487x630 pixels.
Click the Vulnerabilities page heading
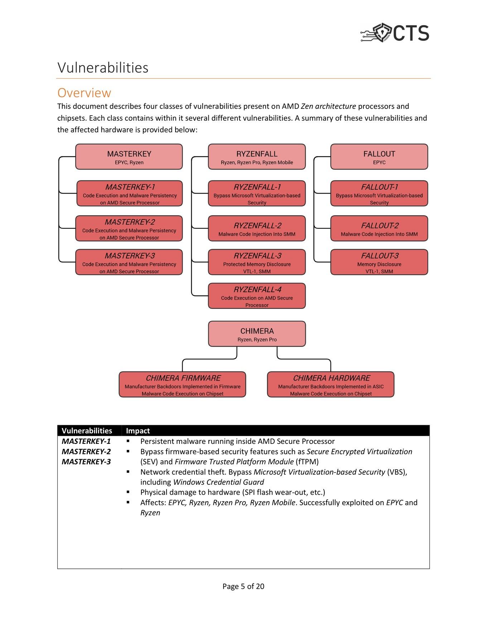(103, 68)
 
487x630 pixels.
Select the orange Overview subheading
(84, 93)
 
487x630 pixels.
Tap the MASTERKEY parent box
(129, 157)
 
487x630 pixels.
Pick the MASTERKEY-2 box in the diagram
(129, 228)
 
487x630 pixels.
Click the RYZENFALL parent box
(257, 157)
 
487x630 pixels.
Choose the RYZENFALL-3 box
(257, 262)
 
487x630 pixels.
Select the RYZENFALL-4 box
(257, 296)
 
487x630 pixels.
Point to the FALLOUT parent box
(379, 157)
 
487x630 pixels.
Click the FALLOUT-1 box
(379, 193)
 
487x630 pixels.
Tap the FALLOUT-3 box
(379, 262)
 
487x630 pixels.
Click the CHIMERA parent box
(257, 334)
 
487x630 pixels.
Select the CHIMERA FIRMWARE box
(182, 384)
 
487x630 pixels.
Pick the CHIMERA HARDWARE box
(331, 384)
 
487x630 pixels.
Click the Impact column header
(138, 431)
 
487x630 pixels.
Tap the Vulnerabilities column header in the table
(87, 431)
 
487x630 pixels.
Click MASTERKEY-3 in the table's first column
(86, 462)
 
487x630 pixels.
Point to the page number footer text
(243, 586)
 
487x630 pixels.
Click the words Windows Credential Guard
(218, 482)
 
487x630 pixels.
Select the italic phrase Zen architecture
(328, 106)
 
